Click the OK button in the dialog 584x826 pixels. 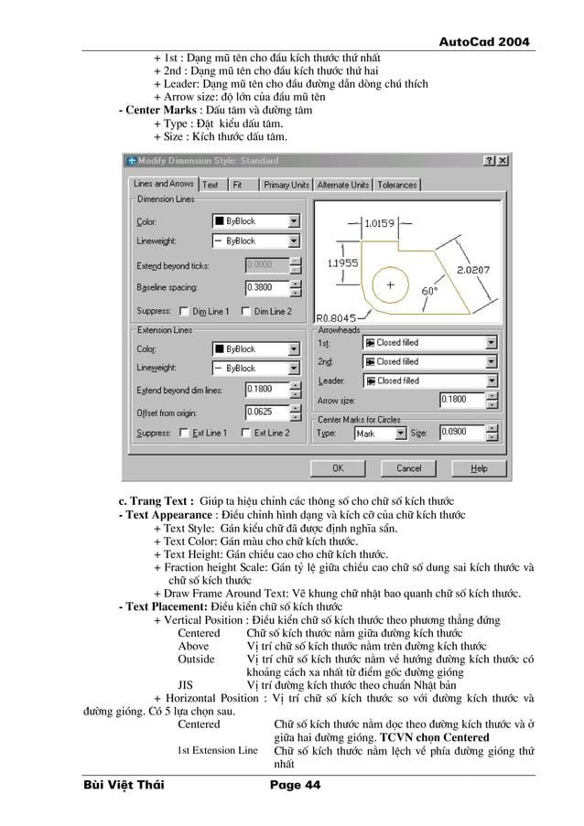(337, 467)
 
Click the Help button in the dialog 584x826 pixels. (479, 467)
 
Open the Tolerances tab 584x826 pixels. (396, 185)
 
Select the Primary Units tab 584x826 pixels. (287, 185)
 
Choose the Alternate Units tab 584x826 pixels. (342, 185)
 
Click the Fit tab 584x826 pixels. (237, 185)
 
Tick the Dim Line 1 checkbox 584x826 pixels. (184, 311)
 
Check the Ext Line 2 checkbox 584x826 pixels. (244, 433)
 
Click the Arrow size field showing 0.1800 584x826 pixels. (460, 399)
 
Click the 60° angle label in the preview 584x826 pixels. (428, 290)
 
